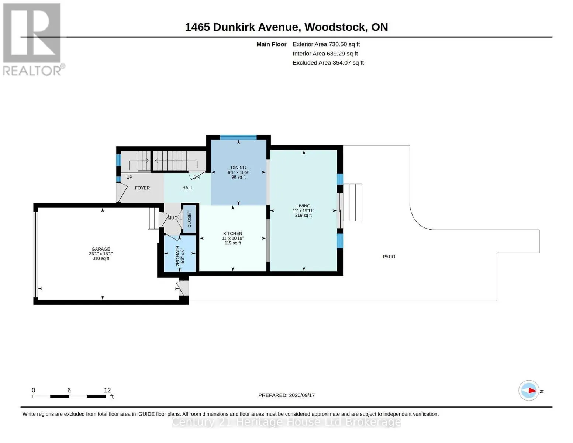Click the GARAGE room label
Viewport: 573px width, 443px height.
pyautogui.click(x=101, y=249)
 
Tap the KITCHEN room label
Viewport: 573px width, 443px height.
pyautogui.click(x=232, y=234)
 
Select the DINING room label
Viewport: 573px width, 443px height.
pyautogui.click(x=238, y=168)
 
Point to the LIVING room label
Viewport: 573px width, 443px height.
pyautogui.click(x=303, y=206)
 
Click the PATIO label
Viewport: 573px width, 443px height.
pyautogui.click(x=389, y=257)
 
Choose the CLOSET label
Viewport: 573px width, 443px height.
pyautogui.click(x=189, y=219)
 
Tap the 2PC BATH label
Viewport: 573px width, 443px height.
pyautogui.click(x=178, y=256)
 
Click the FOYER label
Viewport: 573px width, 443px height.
pyautogui.click(x=142, y=188)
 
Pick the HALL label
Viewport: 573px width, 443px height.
pyautogui.click(x=187, y=188)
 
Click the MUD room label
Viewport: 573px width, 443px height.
pyautogui.click(x=172, y=218)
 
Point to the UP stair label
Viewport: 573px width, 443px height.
pyautogui.click(x=129, y=177)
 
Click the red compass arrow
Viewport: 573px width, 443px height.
pyautogui.click(x=532, y=391)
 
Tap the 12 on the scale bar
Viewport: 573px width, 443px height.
pyautogui.click(x=107, y=390)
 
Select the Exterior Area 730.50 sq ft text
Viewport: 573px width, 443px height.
pyautogui.click(x=326, y=44)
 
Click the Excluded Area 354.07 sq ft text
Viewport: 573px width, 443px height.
pyautogui.click(x=328, y=63)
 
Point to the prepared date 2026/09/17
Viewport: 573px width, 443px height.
pyautogui.click(x=302, y=395)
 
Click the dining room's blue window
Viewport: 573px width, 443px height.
pyautogui.click(x=238, y=137)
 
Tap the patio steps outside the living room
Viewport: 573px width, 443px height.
pyautogui.click(x=353, y=203)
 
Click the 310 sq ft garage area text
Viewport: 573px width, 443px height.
pyautogui.click(x=101, y=258)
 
